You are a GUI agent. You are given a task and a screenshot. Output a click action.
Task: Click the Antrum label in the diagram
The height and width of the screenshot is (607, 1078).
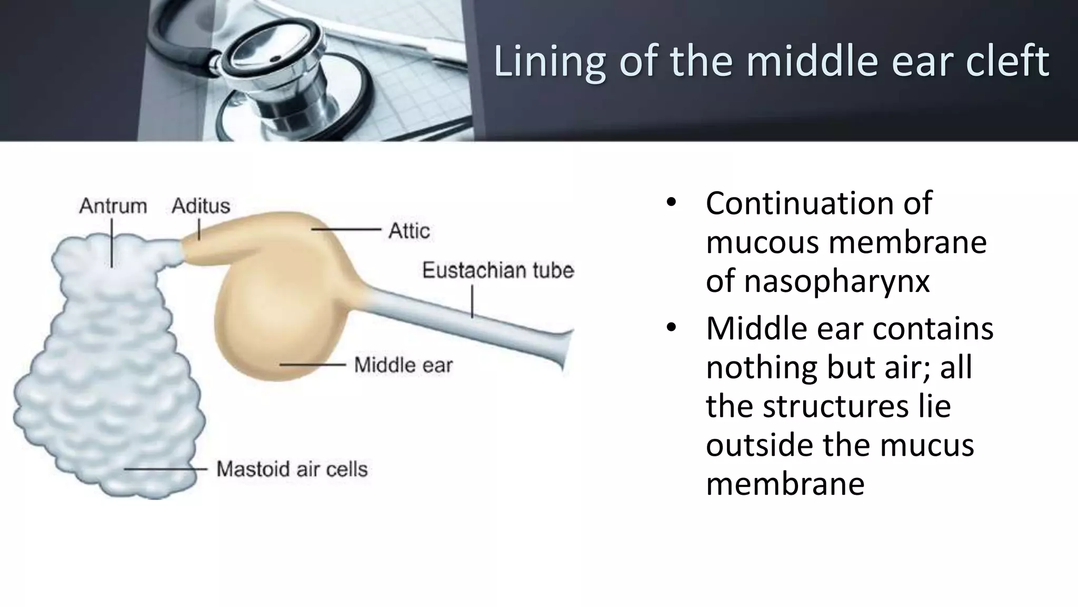pos(113,205)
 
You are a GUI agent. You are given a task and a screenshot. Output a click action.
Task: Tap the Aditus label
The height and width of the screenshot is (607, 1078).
pos(201,205)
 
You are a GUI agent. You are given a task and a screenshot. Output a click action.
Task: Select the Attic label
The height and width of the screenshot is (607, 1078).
pos(409,231)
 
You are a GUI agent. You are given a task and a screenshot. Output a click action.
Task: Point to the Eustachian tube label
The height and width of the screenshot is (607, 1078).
pos(497,270)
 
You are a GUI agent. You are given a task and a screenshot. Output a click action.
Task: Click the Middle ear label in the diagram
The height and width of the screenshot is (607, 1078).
pos(403,365)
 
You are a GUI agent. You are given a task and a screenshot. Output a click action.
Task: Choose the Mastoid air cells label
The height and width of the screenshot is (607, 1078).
pos(292,469)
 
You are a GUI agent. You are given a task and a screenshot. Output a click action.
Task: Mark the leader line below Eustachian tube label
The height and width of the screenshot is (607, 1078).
pos(472,301)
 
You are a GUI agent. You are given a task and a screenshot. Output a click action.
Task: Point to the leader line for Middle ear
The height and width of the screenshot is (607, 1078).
pos(313,364)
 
